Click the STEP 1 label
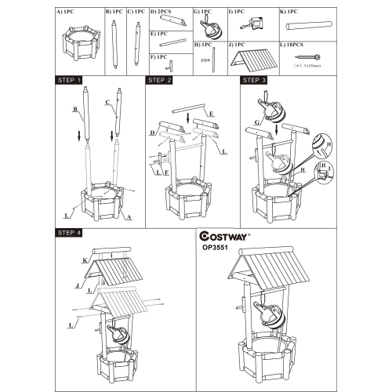coord(71,80)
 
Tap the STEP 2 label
coord(158,80)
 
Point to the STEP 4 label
coord(71,233)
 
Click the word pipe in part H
coord(205,59)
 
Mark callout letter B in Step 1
coord(74,110)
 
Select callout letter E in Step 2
coord(212,114)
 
